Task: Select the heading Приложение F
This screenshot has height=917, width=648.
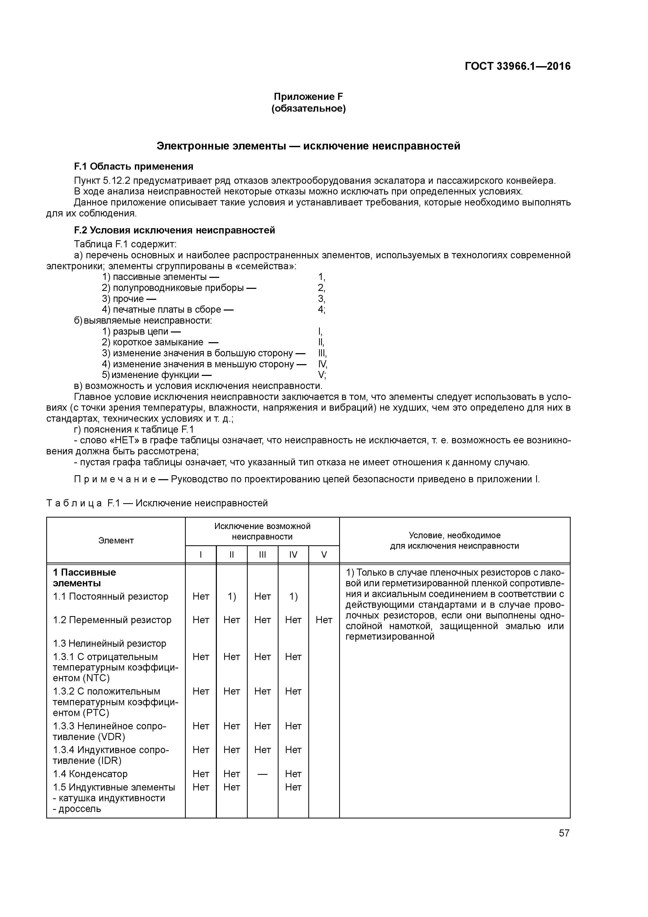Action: (308, 97)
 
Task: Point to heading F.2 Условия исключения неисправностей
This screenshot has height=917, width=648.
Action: (175, 231)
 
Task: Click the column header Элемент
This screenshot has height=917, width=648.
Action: (116, 540)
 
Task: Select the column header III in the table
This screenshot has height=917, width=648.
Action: (262, 554)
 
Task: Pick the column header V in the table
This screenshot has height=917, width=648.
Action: (324, 554)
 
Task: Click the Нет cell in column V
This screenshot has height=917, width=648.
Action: (324, 620)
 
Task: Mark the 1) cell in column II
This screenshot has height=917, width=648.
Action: (232, 597)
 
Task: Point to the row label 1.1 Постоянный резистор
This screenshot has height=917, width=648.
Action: (111, 597)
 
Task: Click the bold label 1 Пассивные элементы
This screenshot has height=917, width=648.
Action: (84, 577)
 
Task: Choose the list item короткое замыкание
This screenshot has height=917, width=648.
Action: (158, 342)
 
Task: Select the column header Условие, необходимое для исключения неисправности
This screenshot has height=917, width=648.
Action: (454, 540)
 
